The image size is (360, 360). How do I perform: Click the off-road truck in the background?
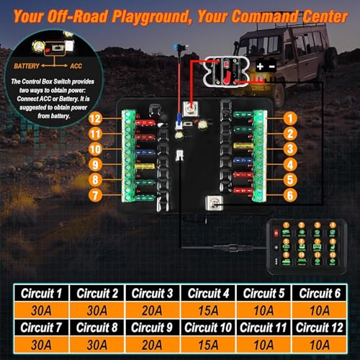pyautogui.click(x=287, y=54)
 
